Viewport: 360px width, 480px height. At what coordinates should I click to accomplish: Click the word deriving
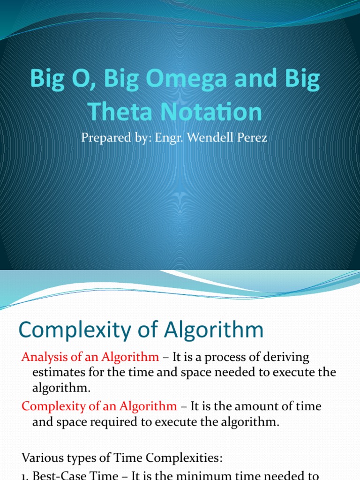coord(286,357)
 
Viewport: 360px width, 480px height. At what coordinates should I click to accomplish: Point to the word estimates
coord(57,372)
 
